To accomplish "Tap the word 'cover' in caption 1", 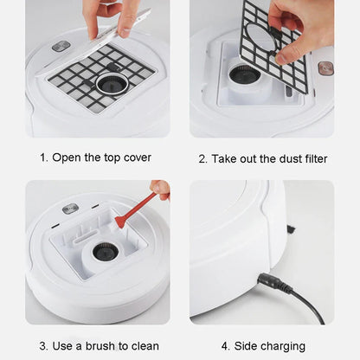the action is coord(138,157).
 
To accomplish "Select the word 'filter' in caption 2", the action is coord(316,158).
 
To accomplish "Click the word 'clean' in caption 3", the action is coord(145,346).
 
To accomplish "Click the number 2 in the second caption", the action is coord(202,159).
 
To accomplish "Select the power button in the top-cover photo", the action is coord(61,46).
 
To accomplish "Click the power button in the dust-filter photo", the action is coord(325,68).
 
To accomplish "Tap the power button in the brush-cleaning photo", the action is coord(70,209).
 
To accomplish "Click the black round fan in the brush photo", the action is coord(106,252).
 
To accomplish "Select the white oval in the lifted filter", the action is coord(261,37).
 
